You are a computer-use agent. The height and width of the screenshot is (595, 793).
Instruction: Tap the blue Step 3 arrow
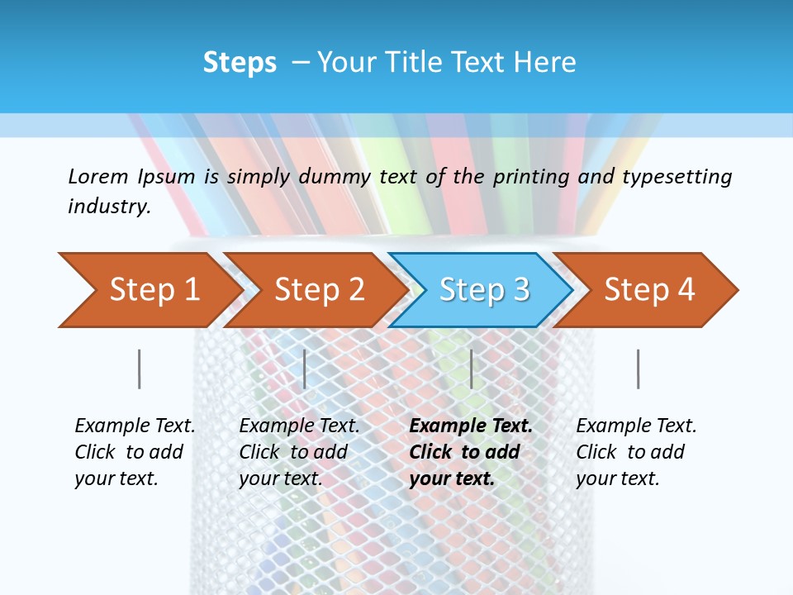pyautogui.click(x=484, y=290)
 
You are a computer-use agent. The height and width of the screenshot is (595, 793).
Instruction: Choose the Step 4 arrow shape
pyautogui.click(x=649, y=290)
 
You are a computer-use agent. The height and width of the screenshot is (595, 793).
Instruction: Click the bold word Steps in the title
pyautogui.click(x=240, y=63)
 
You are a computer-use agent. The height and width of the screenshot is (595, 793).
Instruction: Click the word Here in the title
pyautogui.click(x=544, y=63)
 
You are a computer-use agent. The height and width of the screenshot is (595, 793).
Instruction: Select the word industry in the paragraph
pyautogui.click(x=108, y=207)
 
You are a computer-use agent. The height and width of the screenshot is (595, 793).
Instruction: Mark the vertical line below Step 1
pyautogui.click(x=139, y=369)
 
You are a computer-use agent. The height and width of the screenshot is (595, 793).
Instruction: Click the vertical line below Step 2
pyautogui.click(x=305, y=369)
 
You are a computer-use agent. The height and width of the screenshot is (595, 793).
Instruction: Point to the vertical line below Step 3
pyautogui.click(x=471, y=369)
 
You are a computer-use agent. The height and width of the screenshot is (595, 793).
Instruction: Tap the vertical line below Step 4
pyautogui.click(x=638, y=369)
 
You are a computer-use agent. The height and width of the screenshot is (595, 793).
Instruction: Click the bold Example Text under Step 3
pyautogui.click(x=471, y=426)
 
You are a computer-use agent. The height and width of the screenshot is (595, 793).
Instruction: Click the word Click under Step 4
pyautogui.click(x=596, y=452)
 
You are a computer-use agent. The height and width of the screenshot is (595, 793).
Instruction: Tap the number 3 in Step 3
pyautogui.click(x=520, y=290)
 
